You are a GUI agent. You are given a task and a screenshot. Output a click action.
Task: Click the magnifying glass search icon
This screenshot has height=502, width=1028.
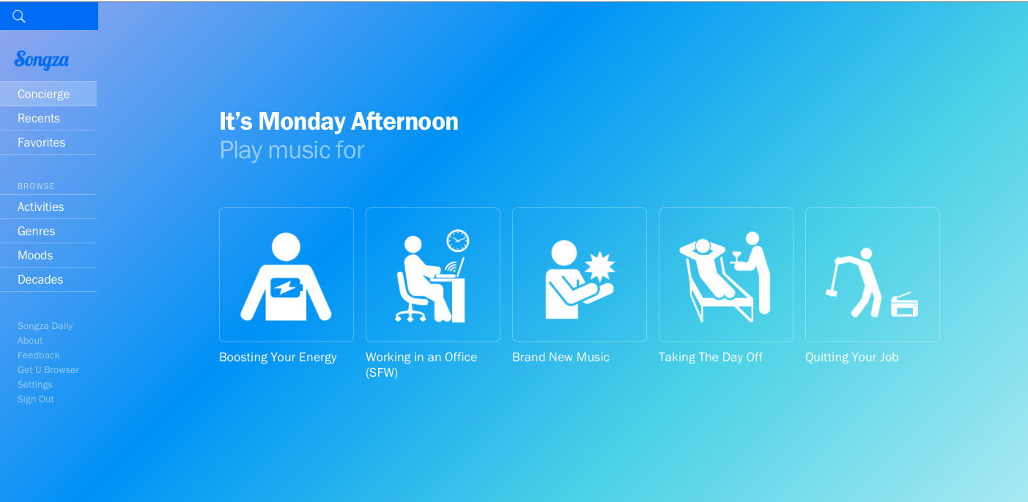click(19, 17)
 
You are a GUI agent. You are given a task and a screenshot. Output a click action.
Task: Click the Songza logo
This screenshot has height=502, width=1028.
click(42, 60)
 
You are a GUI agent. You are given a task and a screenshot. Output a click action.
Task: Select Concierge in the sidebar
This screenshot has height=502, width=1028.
click(44, 94)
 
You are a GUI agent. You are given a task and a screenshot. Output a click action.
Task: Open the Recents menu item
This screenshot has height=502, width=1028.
click(39, 119)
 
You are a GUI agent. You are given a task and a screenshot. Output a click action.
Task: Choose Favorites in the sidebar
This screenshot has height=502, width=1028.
click(41, 142)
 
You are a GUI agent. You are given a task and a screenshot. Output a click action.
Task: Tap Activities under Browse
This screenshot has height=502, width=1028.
click(40, 207)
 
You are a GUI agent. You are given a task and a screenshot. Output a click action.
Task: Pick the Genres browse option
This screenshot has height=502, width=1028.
click(36, 232)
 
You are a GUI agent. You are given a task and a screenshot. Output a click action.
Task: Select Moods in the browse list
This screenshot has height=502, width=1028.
click(35, 255)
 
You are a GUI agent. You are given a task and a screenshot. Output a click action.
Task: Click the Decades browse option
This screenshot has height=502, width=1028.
click(40, 279)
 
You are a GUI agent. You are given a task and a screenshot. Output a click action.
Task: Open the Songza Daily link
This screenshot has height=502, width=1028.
click(45, 326)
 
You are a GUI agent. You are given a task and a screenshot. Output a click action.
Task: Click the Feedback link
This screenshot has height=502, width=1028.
click(39, 355)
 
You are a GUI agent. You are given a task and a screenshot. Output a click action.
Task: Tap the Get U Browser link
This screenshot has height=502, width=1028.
click(48, 370)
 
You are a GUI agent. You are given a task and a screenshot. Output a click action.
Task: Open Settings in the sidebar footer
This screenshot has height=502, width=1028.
click(35, 385)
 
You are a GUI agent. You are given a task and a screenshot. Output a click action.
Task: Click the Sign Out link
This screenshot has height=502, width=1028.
click(36, 399)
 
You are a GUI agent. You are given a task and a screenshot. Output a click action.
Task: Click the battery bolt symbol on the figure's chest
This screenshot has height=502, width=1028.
click(286, 288)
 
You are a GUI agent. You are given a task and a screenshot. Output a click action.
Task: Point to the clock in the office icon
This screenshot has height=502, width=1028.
click(458, 240)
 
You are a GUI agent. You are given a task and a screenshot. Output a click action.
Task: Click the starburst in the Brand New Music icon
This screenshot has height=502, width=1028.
click(600, 266)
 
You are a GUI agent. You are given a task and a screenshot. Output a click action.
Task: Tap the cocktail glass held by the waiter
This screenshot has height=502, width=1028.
click(736, 256)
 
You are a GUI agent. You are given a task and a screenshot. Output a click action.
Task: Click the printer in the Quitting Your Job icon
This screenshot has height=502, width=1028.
click(905, 304)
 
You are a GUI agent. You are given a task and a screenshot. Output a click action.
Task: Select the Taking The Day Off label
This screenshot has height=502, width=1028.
click(711, 357)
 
